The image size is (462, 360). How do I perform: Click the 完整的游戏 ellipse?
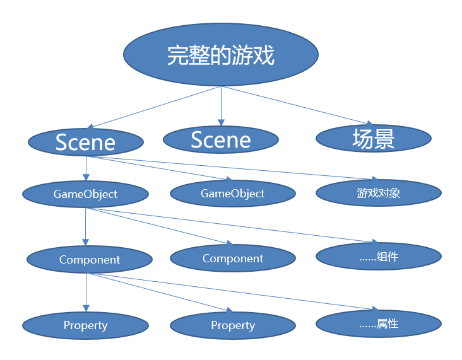[220, 55]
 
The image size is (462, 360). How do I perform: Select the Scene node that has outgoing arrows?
[86, 142]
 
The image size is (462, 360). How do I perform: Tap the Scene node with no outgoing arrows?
[220, 139]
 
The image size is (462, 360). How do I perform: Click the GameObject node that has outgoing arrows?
[86, 194]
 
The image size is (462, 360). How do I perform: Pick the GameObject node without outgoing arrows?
[233, 194]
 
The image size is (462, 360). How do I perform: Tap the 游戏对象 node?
[378, 193]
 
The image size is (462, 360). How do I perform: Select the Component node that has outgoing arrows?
[89, 259]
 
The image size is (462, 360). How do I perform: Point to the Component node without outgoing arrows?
[233, 258]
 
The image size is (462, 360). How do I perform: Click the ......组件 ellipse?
[378, 257]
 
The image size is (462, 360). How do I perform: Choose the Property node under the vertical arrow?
[85, 325]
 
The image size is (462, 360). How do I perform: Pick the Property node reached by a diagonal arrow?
[233, 325]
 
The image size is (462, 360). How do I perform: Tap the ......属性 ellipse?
[378, 324]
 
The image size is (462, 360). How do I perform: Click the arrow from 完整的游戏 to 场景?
[297, 105]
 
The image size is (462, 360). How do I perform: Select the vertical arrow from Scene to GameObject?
[86, 168]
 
